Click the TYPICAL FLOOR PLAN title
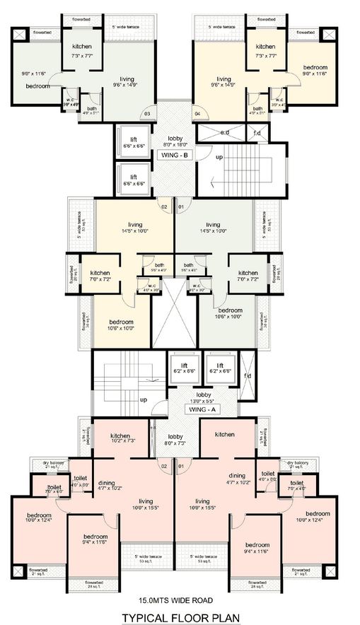(x=180, y=617)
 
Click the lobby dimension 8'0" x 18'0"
(x=175, y=145)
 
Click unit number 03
(x=148, y=113)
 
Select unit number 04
(x=197, y=113)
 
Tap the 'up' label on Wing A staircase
(x=144, y=399)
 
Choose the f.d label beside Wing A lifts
(x=248, y=375)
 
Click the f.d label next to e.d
(x=257, y=132)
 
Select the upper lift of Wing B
(x=133, y=140)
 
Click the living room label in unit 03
(x=127, y=81)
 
